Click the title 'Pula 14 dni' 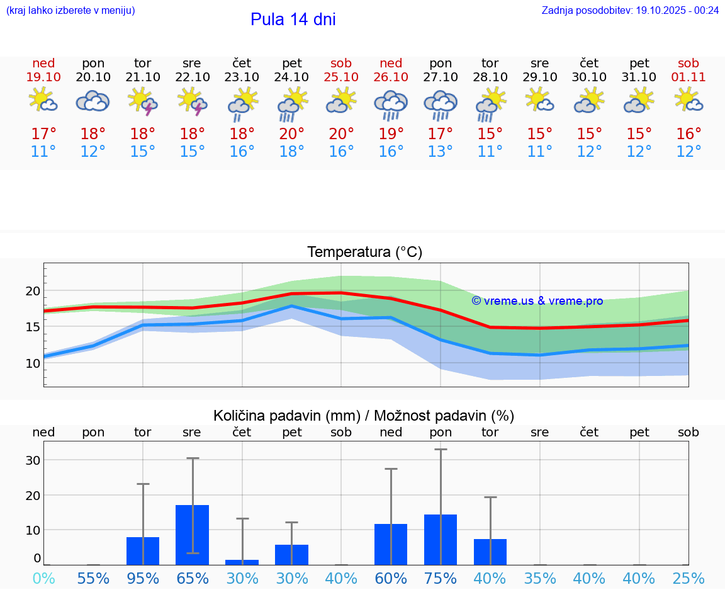(293, 20)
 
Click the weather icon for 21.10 (143, 101)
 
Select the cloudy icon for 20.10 (93, 101)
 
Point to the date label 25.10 (341, 77)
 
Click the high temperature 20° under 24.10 (291, 134)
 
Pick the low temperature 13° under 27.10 (441, 152)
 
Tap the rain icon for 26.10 (391, 105)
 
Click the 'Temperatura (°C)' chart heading (364, 253)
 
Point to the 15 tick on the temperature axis (33, 327)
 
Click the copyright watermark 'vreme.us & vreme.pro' (537, 301)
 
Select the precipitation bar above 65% (192, 535)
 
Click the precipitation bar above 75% (441, 540)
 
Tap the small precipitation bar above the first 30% (242, 562)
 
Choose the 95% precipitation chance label (143, 578)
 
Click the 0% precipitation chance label (43, 578)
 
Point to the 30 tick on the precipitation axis (33, 460)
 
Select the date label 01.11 (688, 77)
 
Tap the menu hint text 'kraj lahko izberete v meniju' (70, 11)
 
